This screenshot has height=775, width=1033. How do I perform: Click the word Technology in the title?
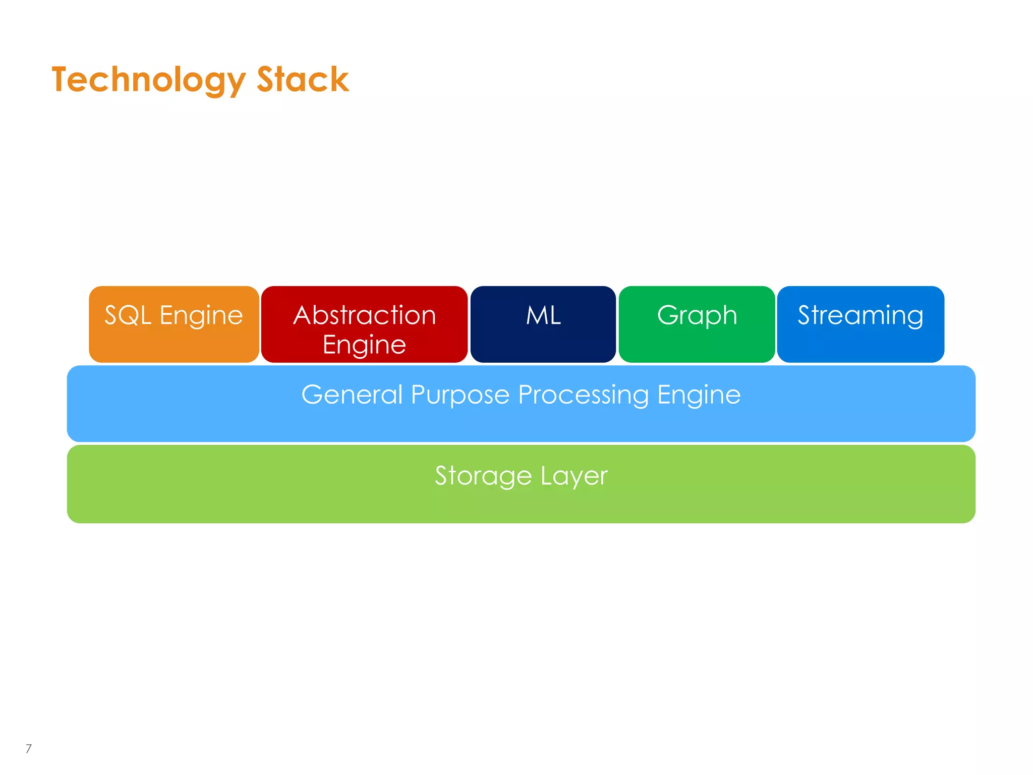pos(148,80)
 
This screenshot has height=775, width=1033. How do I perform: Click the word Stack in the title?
pos(303,80)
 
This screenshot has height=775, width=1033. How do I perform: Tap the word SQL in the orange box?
pos(128,315)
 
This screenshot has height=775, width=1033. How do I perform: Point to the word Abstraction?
pos(364,315)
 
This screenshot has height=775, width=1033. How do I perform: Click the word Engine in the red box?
pos(364,345)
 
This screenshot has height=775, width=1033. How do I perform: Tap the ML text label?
pos(543,315)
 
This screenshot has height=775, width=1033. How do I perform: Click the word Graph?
pos(697,316)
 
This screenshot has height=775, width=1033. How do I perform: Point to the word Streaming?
pos(860,316)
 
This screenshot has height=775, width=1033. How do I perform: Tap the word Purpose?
pos(460,395)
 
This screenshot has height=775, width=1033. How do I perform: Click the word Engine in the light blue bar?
pos(699,395)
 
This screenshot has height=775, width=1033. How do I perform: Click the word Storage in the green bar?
pos(483,476)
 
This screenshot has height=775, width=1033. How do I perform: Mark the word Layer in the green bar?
pos(574,476)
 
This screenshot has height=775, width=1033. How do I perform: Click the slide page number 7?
pos(29,748)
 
